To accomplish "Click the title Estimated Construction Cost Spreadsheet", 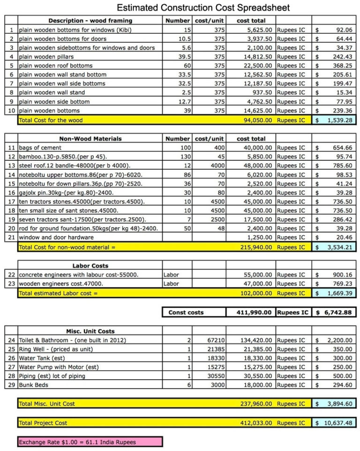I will click(x=203, y=8).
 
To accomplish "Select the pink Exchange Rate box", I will click(x=90, y=442).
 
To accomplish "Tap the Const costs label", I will click(x=186, y=312).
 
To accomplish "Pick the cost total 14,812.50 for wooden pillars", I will click(x=255, y=57).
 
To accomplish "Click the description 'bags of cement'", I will click(x=40, y=148).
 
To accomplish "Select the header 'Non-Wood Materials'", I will click(x=90, y=139).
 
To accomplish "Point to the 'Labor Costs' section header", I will click(x=90, y=266).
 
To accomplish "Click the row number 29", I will click(x=11, y=385).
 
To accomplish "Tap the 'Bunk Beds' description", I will click(x=33, y=385).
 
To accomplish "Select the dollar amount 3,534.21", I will click(x=337, y=247).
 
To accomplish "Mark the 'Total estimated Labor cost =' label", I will click(x=58, y=293).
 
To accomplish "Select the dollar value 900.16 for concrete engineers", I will click(x=340, y=275).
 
